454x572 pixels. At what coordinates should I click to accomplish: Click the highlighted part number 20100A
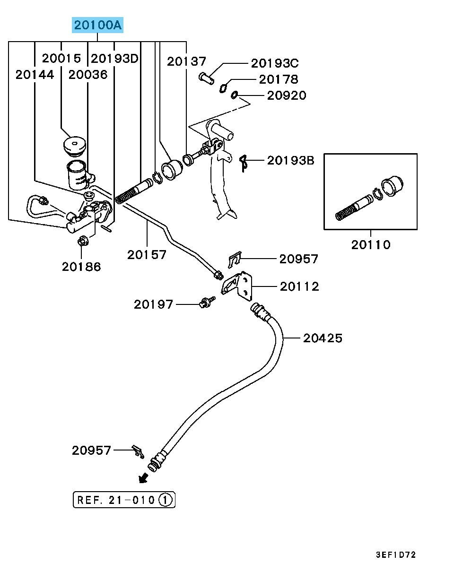(x=97, y=25)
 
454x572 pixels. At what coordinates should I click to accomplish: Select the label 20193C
(x=274, y=63)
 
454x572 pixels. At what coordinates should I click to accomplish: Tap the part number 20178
(x=279, y=79)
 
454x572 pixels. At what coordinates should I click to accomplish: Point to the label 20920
(x=287, y=95)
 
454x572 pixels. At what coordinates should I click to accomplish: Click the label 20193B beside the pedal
(x=290, y=161)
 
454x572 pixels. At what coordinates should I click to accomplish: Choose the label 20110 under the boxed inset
(x=371, y=245)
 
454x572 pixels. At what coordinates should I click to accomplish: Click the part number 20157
(x=147, y=255)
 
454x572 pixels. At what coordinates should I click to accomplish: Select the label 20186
(x=81, y=267)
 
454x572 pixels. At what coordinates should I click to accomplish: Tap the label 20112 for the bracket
(x=299, y=286)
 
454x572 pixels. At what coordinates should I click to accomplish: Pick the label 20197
(x=154, y=304)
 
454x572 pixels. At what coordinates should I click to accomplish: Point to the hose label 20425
(x=323, y=338)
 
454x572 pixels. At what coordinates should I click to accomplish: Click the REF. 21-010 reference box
(x=124, y=499)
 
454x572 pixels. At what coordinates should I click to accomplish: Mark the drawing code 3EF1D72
(x=396, y=555)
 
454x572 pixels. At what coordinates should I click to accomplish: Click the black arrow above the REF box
(x=142, y=479)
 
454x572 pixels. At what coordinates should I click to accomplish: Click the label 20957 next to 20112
(x=298, y=259)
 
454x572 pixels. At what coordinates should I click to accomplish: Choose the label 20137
(x=187, y=61)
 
